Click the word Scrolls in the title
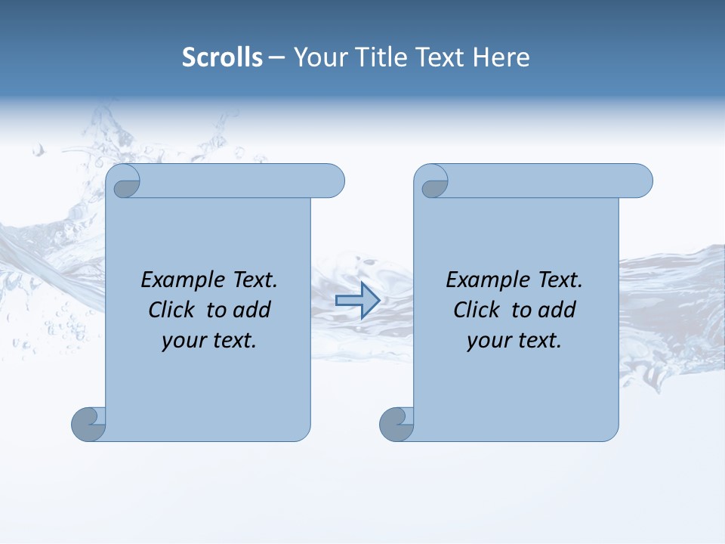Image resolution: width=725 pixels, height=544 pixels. coord(222,57)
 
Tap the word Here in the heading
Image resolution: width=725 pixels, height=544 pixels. coord(501,57)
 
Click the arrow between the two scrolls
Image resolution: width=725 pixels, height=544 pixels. coord(356,301)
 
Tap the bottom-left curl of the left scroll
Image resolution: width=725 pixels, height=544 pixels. coord(88,425)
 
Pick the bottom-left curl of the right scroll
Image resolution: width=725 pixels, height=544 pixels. coord(396,425)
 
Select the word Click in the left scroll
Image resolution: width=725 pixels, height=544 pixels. coord(170,310)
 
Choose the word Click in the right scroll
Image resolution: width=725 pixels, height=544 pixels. coord(475,310)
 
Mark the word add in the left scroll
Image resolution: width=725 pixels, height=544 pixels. coord(253,310)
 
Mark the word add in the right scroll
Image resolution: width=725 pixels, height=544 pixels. coord(558,310)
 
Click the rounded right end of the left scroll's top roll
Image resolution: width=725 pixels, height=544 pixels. coord(332,181)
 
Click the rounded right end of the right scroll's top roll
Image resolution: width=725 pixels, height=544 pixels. coord(640,181)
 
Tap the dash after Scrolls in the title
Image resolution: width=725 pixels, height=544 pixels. coord(276,57)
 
